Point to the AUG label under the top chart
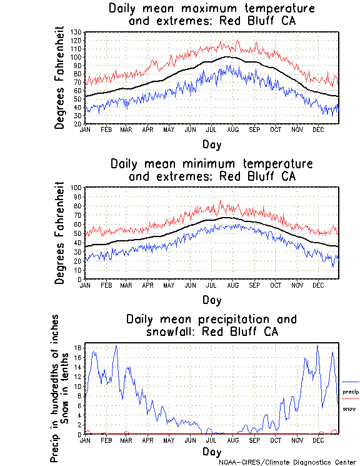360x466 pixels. point(232,129)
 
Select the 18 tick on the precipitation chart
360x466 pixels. point(78,348)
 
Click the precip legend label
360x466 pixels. point(350,392)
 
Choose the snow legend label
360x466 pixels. point(349,408)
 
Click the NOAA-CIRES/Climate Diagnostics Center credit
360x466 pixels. point(287,462)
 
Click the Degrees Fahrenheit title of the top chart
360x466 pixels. point(59,77)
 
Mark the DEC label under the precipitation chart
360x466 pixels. point(317,440)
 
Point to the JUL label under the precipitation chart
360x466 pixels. point(211,440)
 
